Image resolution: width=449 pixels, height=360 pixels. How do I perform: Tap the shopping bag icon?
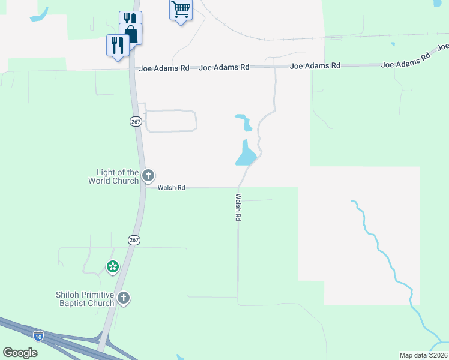tap(131, 34)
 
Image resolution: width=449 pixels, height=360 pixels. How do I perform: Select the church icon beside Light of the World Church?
tap(148, 176)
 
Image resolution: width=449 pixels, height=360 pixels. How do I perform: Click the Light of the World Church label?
tap(113, 176)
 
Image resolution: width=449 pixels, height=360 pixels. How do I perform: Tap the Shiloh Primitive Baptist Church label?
tap(85, 299)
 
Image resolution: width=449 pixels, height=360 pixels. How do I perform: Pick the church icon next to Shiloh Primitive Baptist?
tap(124, 298)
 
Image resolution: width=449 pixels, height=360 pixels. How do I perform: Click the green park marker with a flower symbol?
tap(112, 266)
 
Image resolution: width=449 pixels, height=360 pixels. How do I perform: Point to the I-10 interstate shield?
tap(38, 336)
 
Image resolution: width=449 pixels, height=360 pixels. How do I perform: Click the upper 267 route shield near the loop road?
tap(135, 121)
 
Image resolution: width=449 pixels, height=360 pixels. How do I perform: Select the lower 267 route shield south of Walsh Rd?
tap(134, 240)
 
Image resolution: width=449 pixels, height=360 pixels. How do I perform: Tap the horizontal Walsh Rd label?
tap(172, 188)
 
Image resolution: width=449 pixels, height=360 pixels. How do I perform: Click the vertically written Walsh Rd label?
tap(238, 208)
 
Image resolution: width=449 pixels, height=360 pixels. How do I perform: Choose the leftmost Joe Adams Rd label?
tap(164, 68)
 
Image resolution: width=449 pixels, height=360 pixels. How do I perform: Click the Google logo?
tap(20, 353)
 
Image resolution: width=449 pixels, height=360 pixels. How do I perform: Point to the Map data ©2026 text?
tap(423, 355)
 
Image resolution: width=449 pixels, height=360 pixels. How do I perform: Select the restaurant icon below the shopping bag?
tap(117, 45)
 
